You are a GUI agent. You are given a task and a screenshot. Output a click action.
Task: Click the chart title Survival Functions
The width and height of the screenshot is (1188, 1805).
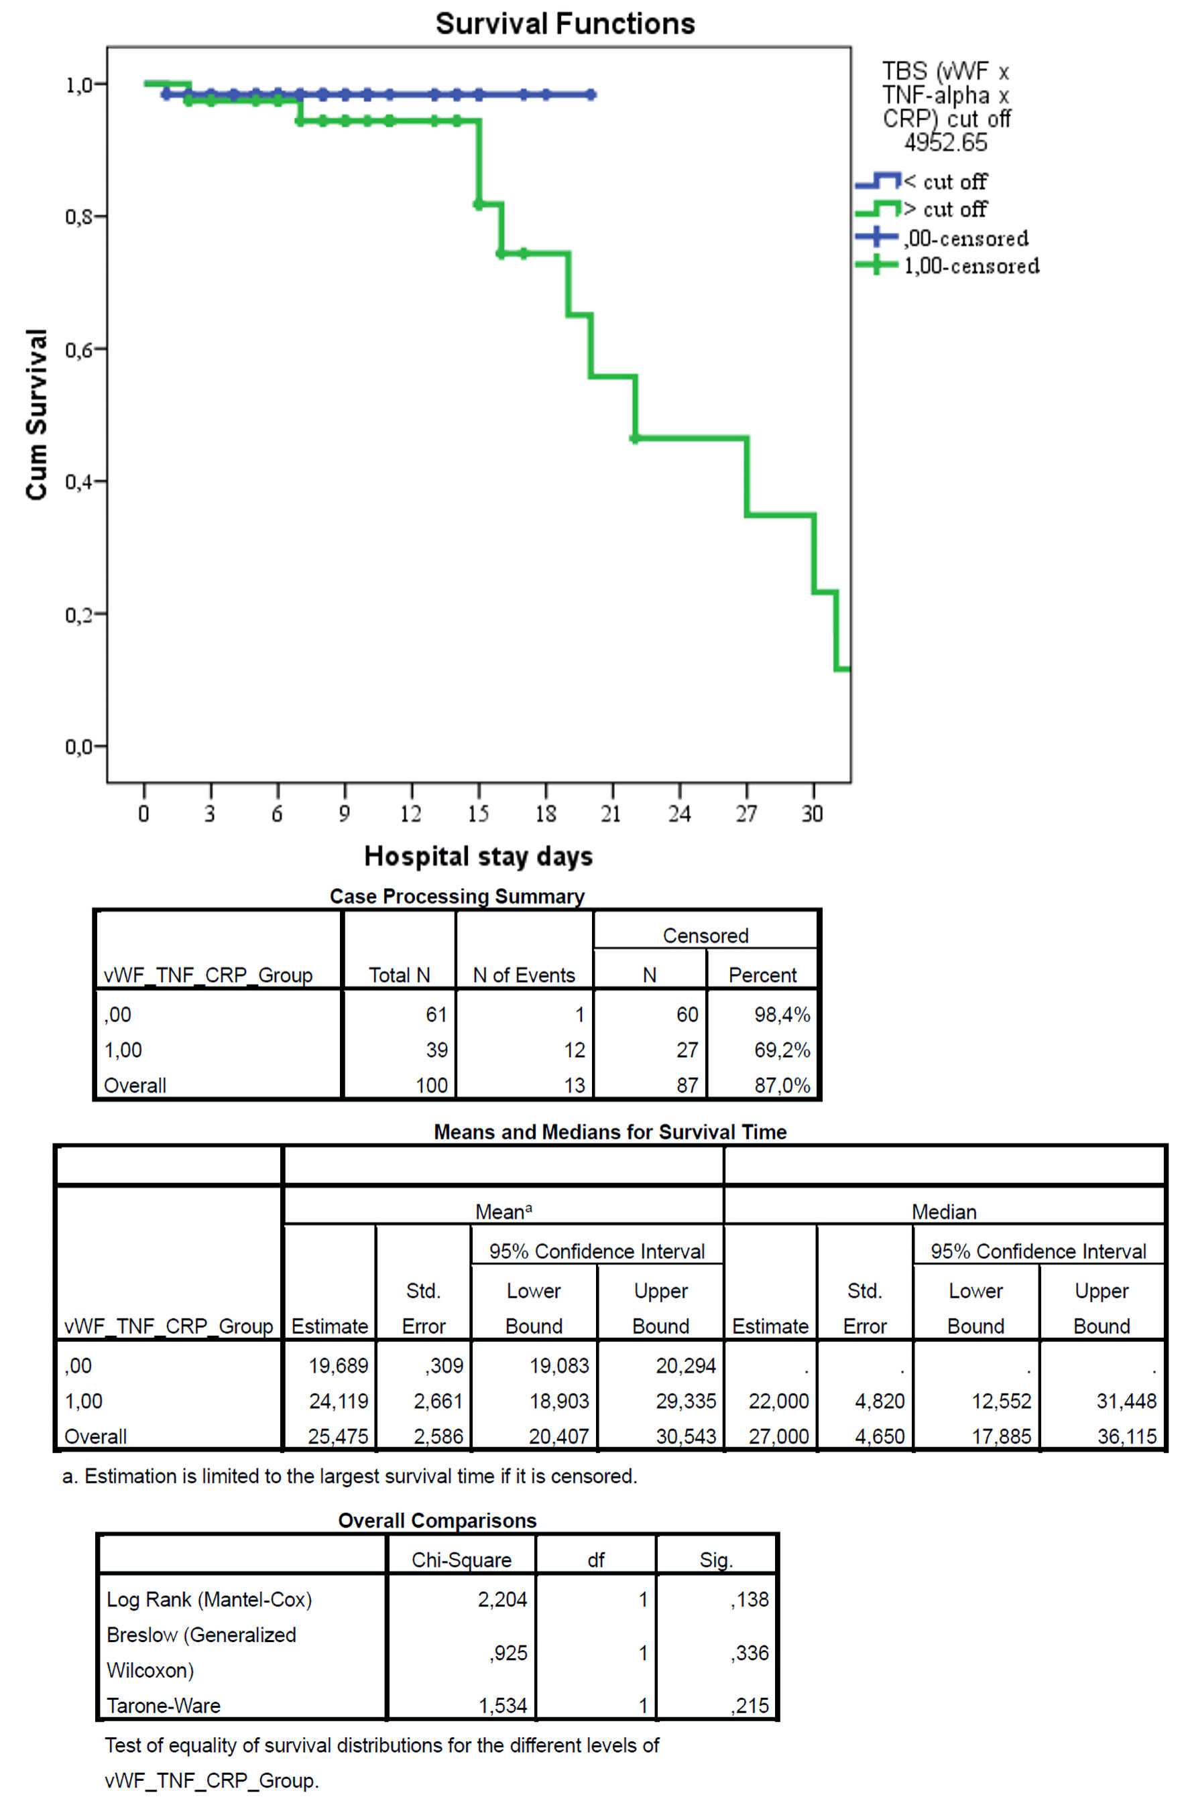click(565, 24)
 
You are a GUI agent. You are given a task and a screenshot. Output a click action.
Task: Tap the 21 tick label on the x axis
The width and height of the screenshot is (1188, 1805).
click(611, 814)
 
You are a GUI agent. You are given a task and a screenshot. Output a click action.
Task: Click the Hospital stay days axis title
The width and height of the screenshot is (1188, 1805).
click(478, 856)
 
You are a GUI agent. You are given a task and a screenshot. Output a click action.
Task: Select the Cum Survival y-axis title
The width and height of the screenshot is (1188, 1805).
click(36, 414)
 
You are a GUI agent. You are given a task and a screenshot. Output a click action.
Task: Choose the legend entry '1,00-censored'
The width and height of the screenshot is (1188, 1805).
click(971, 266)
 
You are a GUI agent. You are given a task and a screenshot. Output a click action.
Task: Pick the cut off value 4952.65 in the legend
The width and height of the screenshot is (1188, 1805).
click(945, 143)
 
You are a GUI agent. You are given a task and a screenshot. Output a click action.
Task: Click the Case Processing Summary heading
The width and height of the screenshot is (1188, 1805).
click(457, 896)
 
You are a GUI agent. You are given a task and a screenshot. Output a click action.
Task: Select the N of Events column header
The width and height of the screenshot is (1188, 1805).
click(524, 975)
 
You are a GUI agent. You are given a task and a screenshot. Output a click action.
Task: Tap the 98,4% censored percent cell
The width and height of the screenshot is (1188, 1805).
click(781, 1015)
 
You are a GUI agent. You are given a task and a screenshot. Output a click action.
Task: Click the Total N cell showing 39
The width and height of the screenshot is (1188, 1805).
click(436, 1050)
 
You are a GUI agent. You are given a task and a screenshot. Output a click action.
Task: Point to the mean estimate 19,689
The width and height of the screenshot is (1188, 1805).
click(338, 1366)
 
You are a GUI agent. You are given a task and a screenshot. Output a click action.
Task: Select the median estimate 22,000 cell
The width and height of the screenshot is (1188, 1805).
click(778, 1402)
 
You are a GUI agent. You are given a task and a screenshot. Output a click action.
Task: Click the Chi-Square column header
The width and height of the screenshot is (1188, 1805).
click(461, 1560)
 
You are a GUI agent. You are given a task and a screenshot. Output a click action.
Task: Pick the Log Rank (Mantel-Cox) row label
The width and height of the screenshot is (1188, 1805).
click(209, 1599)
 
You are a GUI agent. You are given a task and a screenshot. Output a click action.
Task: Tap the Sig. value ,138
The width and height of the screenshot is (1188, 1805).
click(750, 1599)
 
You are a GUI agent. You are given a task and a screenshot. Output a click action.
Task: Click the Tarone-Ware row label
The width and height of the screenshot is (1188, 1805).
click(163, 1706)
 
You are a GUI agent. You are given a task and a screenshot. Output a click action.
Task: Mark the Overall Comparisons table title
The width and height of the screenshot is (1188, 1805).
click(437, 1521)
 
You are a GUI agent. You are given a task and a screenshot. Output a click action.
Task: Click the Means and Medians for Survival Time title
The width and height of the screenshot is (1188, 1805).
click(610, 1131)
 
